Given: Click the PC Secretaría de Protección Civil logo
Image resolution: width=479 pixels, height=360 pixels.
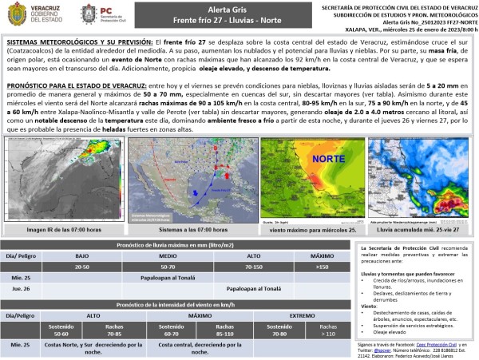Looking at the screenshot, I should point(99,15).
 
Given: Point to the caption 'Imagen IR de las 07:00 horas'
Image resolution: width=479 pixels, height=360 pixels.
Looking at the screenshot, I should point(64,229).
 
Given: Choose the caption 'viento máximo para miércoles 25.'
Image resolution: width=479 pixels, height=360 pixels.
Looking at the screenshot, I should point(307,229).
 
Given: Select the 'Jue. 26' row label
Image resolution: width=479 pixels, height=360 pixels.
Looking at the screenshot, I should point(22,289).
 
